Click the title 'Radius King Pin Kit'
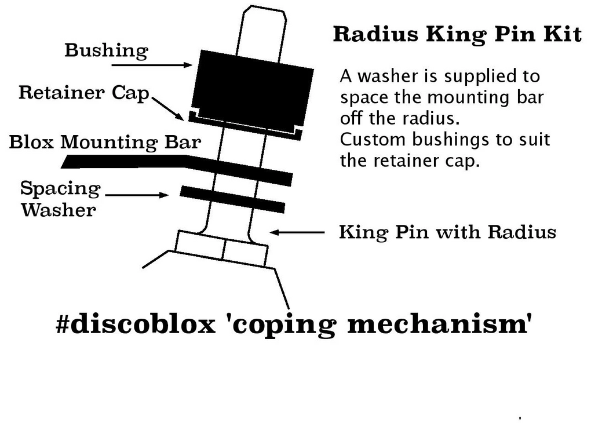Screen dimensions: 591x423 (x=457, y=35)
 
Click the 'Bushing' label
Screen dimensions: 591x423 (x=106, y=50)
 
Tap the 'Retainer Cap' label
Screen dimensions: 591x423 (x=84, y=93)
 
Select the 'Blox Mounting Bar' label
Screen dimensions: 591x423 (x=105, y=142)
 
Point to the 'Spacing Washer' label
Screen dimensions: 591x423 (x=60, y=199)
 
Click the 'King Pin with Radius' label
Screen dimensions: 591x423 (x=447, y=232)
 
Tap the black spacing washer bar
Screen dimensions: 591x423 (x=232, y=199)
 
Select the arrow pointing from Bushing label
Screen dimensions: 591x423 (x=152, y=65)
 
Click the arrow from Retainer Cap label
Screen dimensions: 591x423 (x=168, y=108)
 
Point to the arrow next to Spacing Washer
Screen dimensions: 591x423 (x=137, y=195)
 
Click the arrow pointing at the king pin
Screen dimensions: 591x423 (x=297, y=232)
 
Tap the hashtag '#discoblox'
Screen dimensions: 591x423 (x=136, y=324)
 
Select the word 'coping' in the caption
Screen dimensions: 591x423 (x=283, y=325)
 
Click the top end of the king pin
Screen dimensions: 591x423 (x=264, y=8)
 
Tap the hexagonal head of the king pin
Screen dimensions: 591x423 (x=222, y=249)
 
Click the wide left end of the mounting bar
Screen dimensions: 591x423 (x=70, y=162)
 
